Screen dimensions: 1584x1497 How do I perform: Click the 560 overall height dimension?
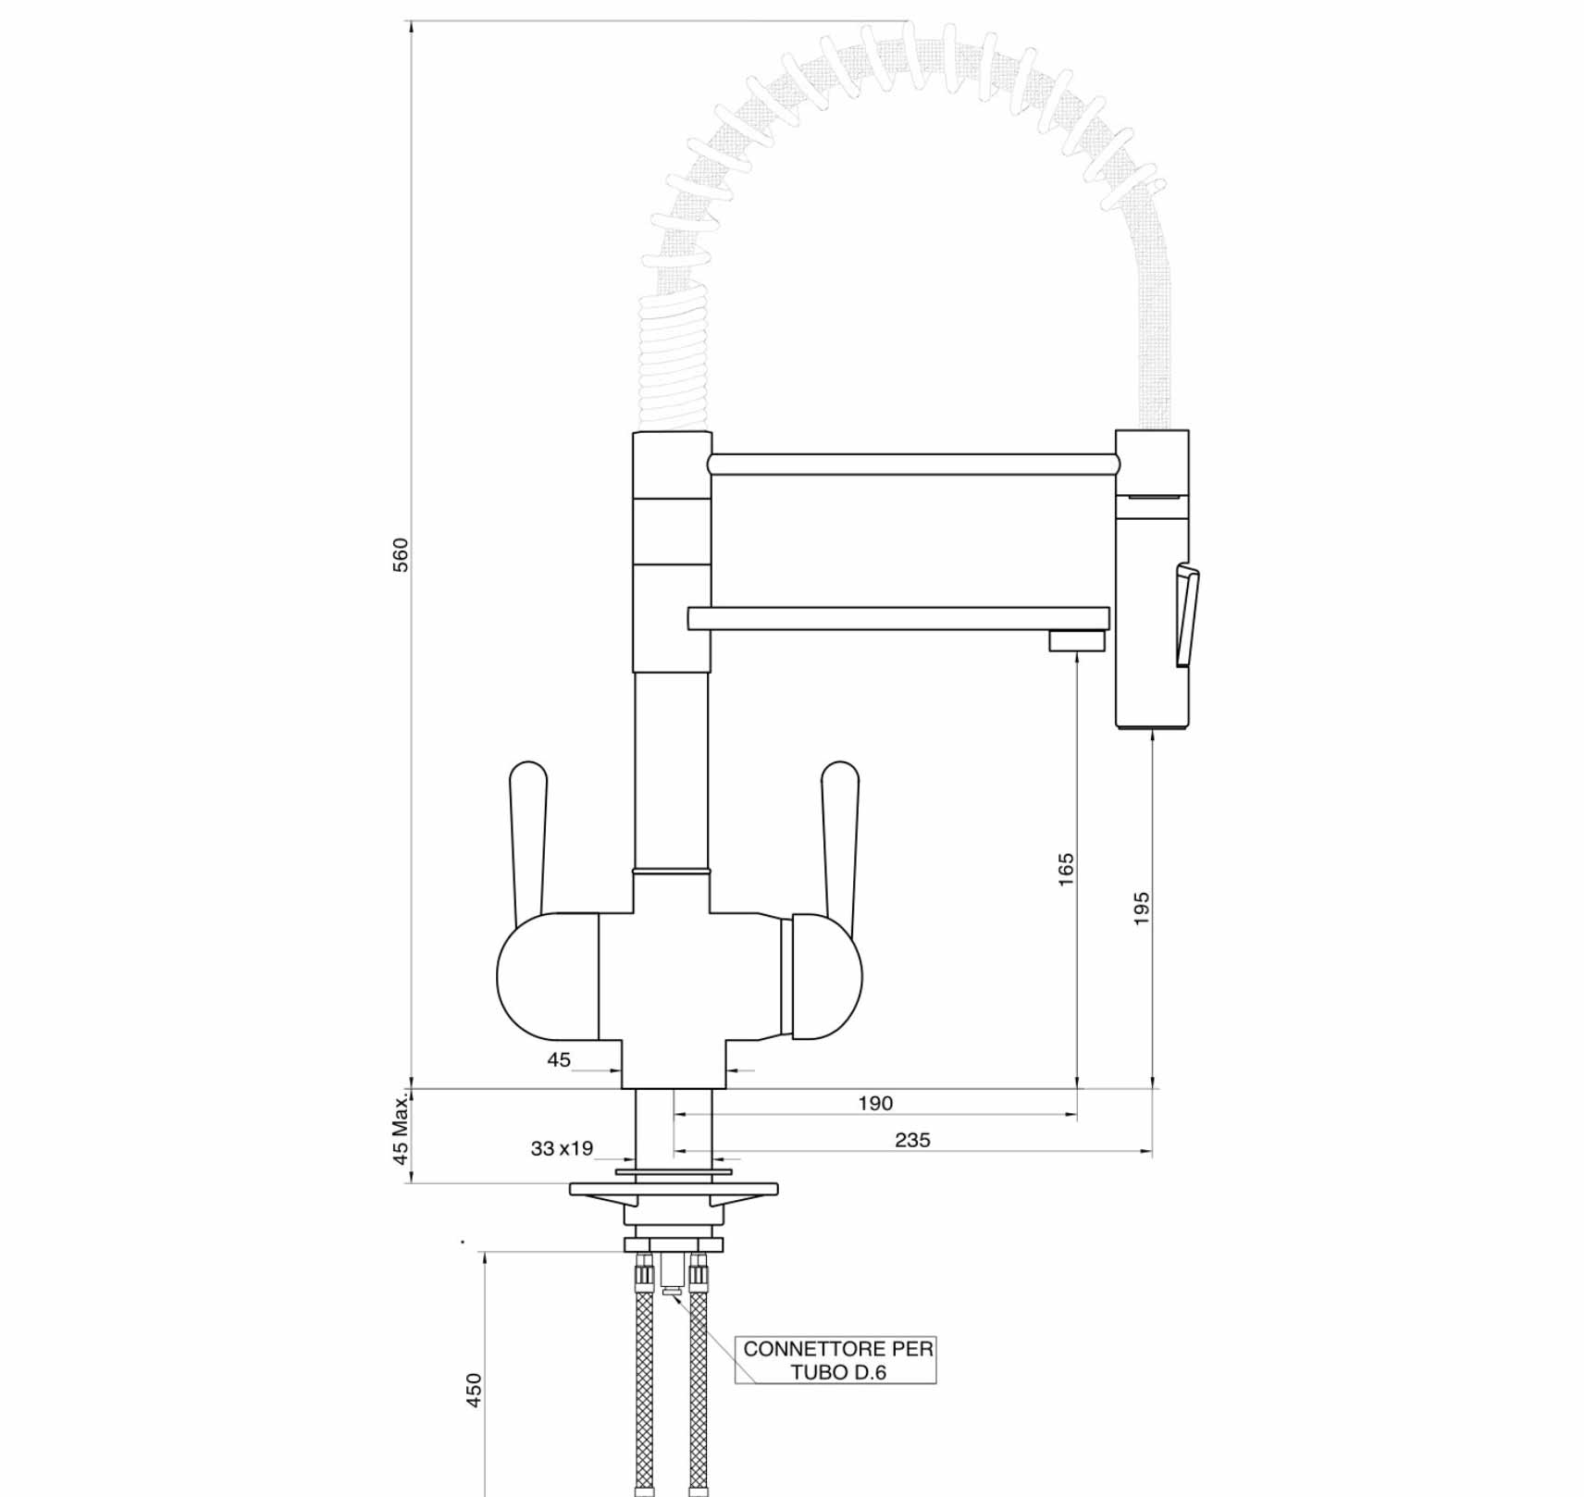(401, 555)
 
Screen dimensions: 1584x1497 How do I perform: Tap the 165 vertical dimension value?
(1066, 870)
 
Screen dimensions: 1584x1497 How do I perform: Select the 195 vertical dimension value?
(1142, 909)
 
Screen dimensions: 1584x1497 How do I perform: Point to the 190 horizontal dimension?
(875, 1103)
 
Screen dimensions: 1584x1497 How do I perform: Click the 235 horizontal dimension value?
(912, 1140)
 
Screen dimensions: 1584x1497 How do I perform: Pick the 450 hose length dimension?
(474, 1390)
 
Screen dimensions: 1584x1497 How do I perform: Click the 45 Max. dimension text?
(401, 1128)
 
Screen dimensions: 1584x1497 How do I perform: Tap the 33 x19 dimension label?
(562, 1148)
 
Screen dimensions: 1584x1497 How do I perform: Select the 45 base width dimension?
(559, 1059)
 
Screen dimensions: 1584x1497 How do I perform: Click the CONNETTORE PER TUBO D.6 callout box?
(835, 1360)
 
